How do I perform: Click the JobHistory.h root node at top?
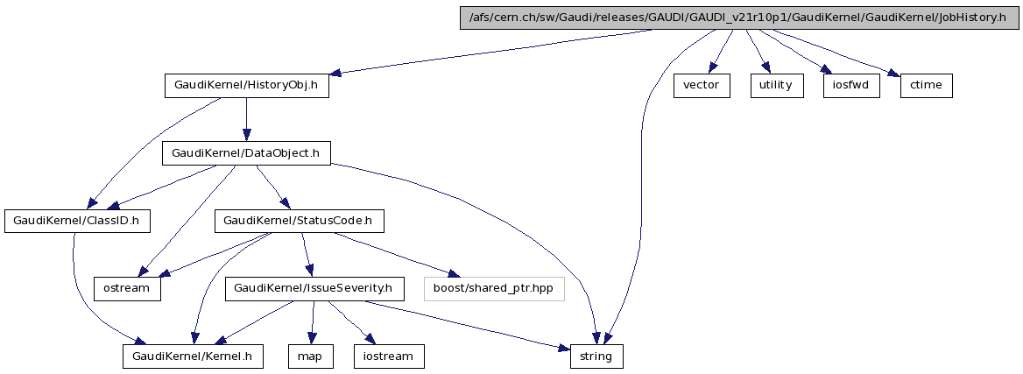point(739,18)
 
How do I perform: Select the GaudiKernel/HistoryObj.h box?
point(246,86)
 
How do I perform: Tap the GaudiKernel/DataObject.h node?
point(246,153)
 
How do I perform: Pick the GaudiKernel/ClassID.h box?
point(76,221)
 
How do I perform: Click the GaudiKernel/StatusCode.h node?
point(300,221)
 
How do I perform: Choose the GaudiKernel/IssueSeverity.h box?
point(314,288)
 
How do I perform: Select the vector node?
point(701,86)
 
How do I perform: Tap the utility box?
point(775,86)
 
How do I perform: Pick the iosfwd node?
point(850,86)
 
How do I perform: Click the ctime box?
point(925,86)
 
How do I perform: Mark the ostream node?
point(128,288)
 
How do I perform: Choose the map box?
point(311,356)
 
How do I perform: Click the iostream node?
point(389,356)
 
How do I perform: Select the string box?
point(597,356)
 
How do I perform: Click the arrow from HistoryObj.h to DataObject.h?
point(246,119)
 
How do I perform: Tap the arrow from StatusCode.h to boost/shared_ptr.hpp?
point(391,254)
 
